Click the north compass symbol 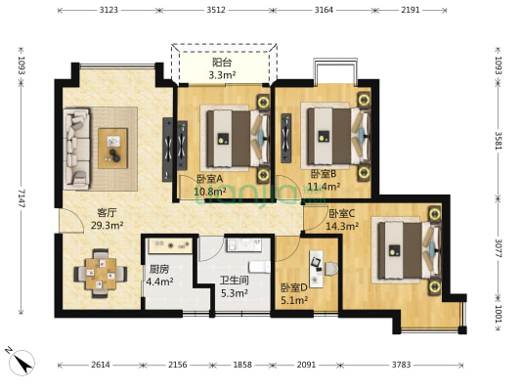(22, 362)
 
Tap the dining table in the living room (101, 274)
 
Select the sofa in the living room (77, 149)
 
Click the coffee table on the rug (112, 149)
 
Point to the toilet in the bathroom (260, 267)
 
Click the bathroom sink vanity (244, 244)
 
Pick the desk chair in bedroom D (330, 269)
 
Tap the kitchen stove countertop (170, 245)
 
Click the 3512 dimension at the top (216, 10)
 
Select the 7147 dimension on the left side (22, 198)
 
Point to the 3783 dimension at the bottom (401, 365)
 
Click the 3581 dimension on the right (499, 141)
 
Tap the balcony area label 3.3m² (222, 75)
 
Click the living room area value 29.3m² (108, 226)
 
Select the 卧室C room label (342, 213)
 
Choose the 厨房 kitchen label (159, 269)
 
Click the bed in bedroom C (410, 250)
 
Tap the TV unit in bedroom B (286, 138)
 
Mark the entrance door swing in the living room (71, 221)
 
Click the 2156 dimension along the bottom (178, 365)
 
